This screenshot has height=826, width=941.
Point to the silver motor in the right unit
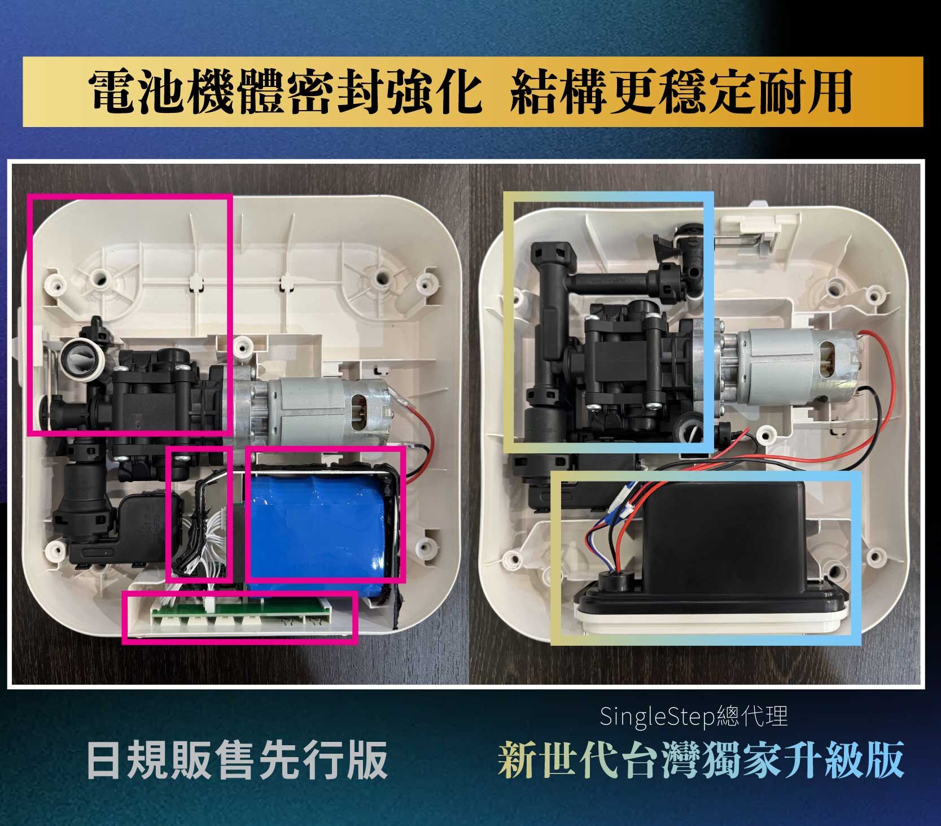click(x=790, y=367)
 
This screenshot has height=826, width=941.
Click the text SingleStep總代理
click(x=693, y=717)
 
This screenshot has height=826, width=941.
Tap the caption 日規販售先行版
click(x=237, y=759)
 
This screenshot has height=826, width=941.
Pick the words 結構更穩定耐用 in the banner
click(x=680, y=92)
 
